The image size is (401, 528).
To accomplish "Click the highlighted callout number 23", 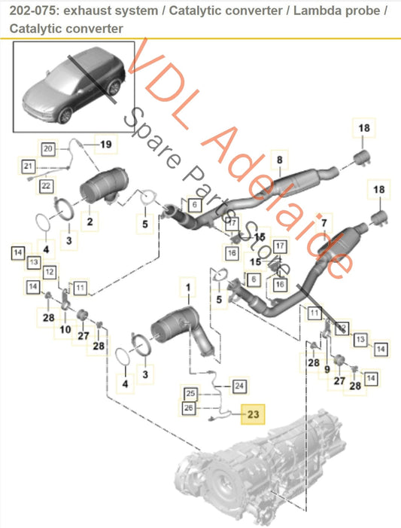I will tap(252, 414).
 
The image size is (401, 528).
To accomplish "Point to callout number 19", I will tap(105, 143).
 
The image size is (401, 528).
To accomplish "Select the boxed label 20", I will tap(48, 149).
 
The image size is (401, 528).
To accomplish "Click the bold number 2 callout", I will tap(90, 221).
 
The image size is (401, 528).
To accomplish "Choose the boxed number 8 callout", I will tap(279, 160).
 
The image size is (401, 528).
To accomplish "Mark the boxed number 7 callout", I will tap(324, 224).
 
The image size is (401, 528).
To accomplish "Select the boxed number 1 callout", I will tap(187, 287).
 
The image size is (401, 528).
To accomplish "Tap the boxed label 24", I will tap(239, 386).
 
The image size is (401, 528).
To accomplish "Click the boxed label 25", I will tap(191, 394).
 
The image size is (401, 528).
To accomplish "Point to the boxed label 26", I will tap(191, 408).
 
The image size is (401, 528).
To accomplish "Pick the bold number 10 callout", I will tap(65, 329).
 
